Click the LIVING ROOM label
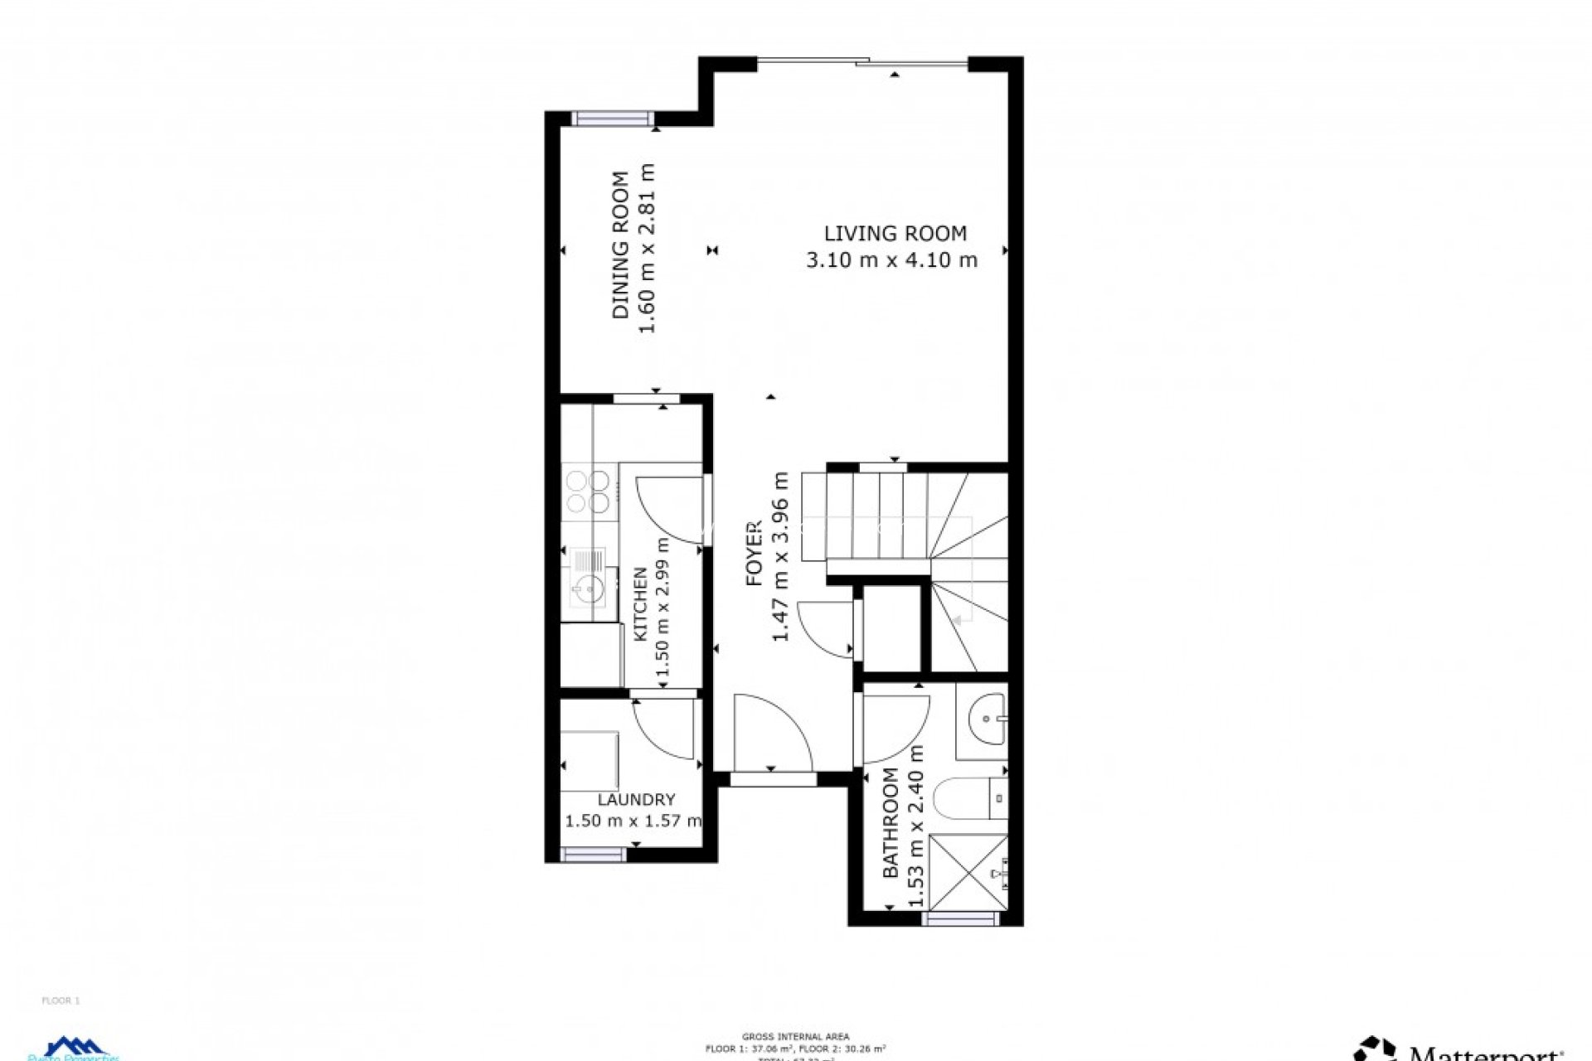[x=895, y=234]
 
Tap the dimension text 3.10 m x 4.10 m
[x=891, y=260]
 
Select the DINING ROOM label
[x=620, y=245]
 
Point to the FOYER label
[x=754, y=554]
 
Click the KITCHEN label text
[x=640, y=603]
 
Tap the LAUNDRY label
[x=636, y=800]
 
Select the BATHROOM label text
[x=891, y=822]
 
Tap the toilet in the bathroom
[x=966, y=799]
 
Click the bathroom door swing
[x=894, y=728]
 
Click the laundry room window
[x=594, y=855]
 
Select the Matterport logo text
[x=1484, y=1053]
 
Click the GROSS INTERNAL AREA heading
[x=795, y=1036]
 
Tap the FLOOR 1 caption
[x=61, y=1000]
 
